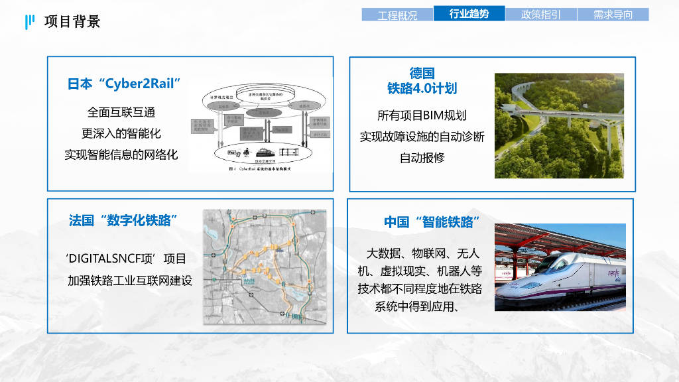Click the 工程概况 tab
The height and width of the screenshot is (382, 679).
[397, 15]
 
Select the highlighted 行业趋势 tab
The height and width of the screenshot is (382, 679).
[469, 14]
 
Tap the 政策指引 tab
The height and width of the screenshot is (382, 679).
[540, 15]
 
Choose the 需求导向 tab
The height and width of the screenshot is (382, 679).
[613, 15]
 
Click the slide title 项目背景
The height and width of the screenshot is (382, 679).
[72, 22]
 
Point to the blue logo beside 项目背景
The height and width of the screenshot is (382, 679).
[29, 22]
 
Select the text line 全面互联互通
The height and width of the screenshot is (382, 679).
[121, 112]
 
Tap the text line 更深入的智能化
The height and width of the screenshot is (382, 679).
[121, 133]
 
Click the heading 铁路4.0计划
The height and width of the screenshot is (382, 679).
[422, 88]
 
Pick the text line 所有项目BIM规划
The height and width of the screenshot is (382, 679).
[422, 115]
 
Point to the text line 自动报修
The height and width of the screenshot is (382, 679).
[422, 157]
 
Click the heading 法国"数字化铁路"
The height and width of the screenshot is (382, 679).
[123, 221]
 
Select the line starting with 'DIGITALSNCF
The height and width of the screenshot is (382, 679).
[127, 259]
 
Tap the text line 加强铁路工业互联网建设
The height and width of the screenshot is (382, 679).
[130, 281]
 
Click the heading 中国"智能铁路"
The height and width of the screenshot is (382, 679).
[432, 222]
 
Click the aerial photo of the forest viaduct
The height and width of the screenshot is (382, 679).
[559, 125]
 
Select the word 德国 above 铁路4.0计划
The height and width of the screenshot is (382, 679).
[422, 73]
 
